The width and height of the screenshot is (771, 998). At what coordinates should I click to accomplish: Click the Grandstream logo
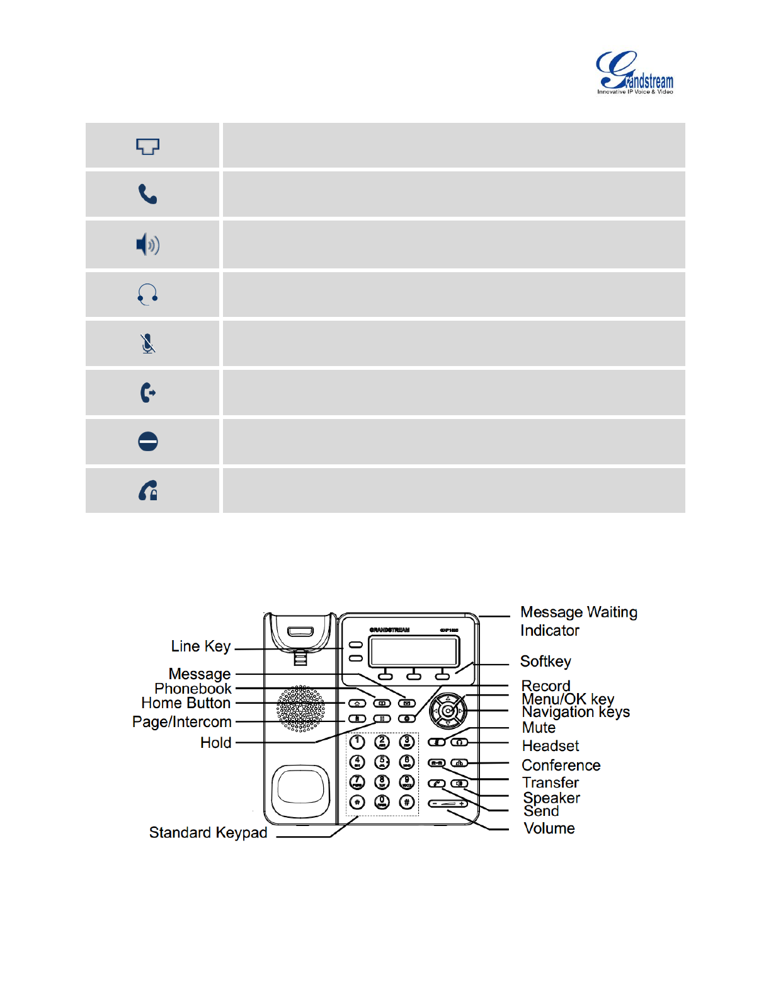point(635,73)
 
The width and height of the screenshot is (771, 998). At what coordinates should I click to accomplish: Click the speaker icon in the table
point(148,244)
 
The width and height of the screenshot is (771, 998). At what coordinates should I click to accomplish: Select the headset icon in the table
point(147,294)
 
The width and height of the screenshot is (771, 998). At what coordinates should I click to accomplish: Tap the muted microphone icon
point(147,343)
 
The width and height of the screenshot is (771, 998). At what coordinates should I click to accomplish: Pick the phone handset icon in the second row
point(147,194)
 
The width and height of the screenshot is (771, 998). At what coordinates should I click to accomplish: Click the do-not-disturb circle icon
point(147,442)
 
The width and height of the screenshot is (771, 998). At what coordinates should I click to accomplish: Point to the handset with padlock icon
point(147,490)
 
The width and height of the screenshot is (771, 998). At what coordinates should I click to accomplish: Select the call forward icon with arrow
point(147,393)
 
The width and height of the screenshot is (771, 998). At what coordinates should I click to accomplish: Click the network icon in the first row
point(147,146)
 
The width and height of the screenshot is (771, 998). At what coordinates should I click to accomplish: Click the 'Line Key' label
point(201,646)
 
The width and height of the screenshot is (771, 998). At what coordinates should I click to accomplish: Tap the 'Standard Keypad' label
point(208,833)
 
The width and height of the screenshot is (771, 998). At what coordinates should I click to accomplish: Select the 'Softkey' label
point(545,662)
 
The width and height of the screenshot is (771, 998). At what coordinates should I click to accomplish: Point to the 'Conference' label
point(561,766)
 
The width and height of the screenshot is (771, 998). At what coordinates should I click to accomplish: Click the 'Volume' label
point(549,829)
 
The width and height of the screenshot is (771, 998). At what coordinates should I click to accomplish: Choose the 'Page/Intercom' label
point(182,722)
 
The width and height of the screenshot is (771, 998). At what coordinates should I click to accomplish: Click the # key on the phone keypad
point(407,802)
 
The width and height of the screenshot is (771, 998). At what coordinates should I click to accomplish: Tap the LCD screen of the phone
point(414,650)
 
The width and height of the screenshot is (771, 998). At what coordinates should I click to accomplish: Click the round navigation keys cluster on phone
point(448,711)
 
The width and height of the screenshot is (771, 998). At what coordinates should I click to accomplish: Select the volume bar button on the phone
point(448,804)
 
